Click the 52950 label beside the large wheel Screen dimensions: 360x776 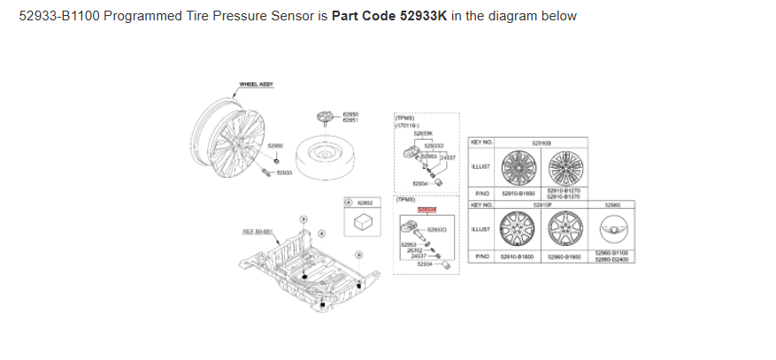275,145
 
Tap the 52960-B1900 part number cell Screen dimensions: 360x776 563,257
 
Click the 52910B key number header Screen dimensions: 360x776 542,142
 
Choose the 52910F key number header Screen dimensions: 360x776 542,204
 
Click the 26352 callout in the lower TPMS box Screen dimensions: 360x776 414,250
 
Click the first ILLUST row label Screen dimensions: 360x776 482,166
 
